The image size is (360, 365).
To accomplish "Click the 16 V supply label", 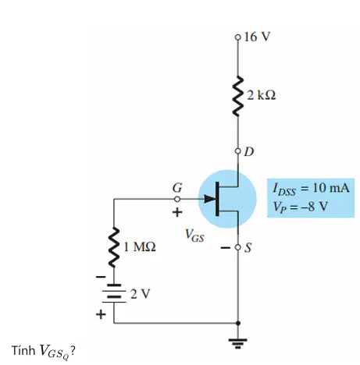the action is coord(257,37).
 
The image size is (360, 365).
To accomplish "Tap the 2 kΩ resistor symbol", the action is coord(238,96).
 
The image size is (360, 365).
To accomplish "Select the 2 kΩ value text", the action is coord(262,95).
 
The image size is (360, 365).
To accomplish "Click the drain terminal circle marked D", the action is coord(237,151).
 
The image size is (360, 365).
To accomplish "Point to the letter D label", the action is coord(249,151).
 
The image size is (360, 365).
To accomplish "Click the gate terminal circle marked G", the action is coord(177,199).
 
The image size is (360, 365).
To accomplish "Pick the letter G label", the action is coord(177,187).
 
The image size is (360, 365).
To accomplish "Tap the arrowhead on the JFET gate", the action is coord(209,199).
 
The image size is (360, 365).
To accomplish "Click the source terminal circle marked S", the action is coord(237,247).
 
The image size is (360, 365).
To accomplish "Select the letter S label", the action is coord(248,247).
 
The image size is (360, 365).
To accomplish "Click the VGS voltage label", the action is coord(194,236).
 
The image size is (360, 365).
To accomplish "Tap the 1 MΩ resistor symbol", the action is coord(114,247).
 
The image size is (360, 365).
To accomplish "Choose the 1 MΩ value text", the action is coord(140,246).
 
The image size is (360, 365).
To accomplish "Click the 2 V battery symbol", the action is coord(114,293).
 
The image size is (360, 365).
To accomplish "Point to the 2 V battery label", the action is coord(140,294).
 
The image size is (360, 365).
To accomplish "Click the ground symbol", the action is coord(237,343).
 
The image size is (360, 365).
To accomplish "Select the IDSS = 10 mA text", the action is coord(311,188).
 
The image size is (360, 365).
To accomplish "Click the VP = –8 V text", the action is coord(300,207).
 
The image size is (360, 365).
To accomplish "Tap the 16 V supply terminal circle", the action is coord(237,37).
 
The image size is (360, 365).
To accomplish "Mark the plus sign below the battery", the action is coord(101,314).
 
